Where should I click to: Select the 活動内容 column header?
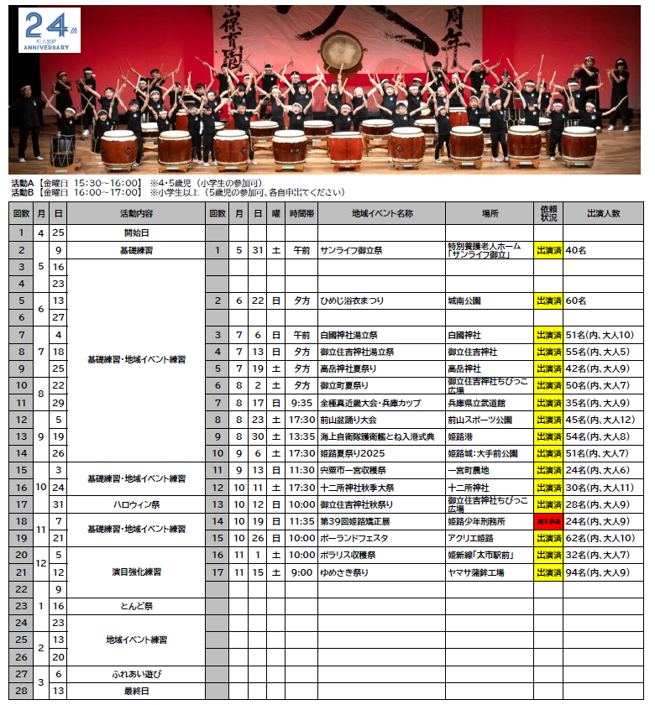[x=136, y=214]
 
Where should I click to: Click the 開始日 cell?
[x=136, y=232]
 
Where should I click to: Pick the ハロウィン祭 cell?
[x=136, y=504]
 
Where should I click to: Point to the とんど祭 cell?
[x=136, y=605]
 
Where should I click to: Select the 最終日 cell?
[x=136, y=691]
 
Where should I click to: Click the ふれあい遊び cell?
[x=136, y=674]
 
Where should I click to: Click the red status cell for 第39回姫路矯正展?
[x=548, y=521]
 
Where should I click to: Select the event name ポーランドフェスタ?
[x=353, y=538]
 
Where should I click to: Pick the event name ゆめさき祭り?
[x=343, y=572]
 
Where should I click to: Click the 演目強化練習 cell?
[x=136, y=572]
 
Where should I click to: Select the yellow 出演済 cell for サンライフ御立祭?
[x=548, y=249]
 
